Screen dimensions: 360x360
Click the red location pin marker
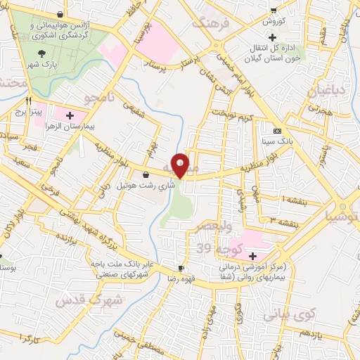[180, 165]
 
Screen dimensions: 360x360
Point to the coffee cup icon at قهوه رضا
[181, 269]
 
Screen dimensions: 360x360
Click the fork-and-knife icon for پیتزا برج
[28, 101]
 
